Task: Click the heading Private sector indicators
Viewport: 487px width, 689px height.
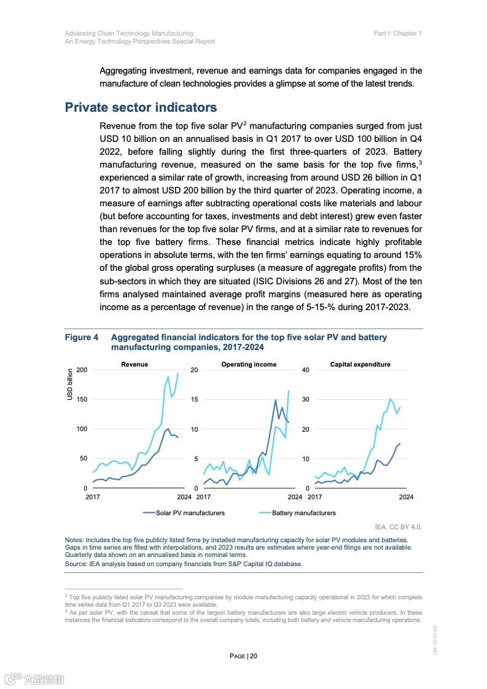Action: click(x=141, y=107)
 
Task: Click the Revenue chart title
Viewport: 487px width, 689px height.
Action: click(x=134, y=364)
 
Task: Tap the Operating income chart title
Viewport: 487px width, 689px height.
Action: click(x=249, y=364)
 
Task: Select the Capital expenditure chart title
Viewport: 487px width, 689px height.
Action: click(x=360, y=364)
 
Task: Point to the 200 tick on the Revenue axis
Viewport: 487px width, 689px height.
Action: click(x=82, y=370)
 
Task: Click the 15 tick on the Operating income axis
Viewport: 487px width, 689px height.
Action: click(x=194, y=400)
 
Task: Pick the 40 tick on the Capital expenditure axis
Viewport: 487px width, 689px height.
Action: click(x=305, y=370)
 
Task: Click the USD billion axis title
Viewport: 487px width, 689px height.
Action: click(x=70, y=384)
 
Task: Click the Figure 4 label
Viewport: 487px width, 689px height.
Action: click(x=82, y=338)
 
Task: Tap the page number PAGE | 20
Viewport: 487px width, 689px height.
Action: click(x=243, y=656)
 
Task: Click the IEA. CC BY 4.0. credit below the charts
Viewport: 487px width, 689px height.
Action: click(x=399, y=527)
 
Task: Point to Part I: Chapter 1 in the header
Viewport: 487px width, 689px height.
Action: click(x=397, y=33)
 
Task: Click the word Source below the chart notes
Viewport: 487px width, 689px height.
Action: click(x=76, y=564)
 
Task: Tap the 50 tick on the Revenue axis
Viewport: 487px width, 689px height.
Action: click(x=84, y=459)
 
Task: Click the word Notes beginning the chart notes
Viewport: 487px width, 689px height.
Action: click(x=74, y=540)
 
